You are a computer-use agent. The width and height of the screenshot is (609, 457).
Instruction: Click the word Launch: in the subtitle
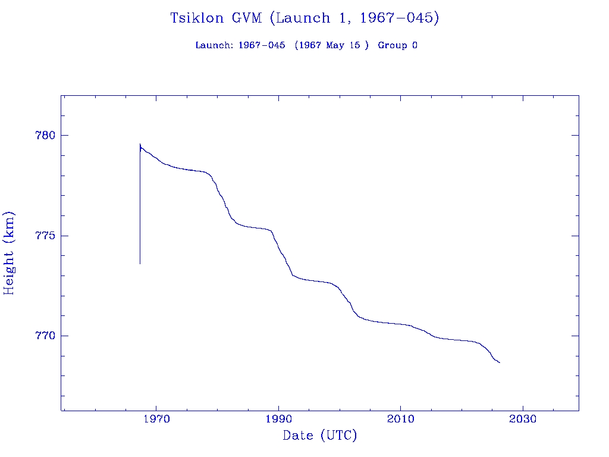(x=214, y=45)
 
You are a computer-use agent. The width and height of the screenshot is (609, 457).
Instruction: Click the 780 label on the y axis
(x=45, y=135)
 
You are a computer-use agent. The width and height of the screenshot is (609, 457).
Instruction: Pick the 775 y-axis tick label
(x=45, y=236)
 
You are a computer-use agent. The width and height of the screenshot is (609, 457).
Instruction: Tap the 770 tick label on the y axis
(x=45, y=336)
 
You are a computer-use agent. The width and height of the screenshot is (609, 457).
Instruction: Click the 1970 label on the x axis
(x=156, y=419)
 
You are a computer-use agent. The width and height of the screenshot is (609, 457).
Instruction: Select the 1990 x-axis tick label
(x=278, y=419)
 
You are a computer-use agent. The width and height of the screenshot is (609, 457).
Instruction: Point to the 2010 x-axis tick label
(x=400, y=419)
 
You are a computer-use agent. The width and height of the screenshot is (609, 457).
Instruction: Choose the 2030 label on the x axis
(x=522, y=419)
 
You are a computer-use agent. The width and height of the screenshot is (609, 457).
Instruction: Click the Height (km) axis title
(x=9, y=253)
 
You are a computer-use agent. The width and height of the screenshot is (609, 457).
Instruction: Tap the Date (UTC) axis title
(x=319, y=436)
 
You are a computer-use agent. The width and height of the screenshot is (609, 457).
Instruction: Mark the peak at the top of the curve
(x=140, y=144)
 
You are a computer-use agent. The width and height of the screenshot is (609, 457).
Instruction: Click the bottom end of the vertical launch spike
(x=140, y=264)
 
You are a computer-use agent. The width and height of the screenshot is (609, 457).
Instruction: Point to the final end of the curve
(x=500, y=362)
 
